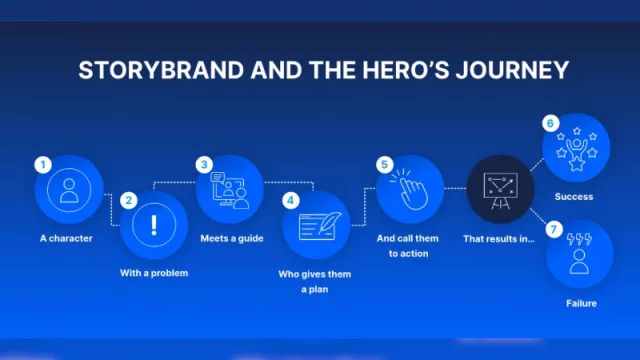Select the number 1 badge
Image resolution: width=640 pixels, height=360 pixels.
coord(42,163)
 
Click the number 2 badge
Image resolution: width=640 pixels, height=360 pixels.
coord(128,200)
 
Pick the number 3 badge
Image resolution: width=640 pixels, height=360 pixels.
coord(205,163)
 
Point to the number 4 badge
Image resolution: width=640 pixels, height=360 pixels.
coord(290,199)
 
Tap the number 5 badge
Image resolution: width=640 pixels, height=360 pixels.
coord(383,163)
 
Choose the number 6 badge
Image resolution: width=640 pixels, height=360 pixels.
coord(550,124)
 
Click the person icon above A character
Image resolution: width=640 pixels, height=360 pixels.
coord(69,190)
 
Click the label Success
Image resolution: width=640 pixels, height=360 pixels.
coord(574,197)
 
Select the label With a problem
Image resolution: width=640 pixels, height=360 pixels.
coord(155,273)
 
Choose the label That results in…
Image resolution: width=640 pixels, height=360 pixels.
coord(497,239)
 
